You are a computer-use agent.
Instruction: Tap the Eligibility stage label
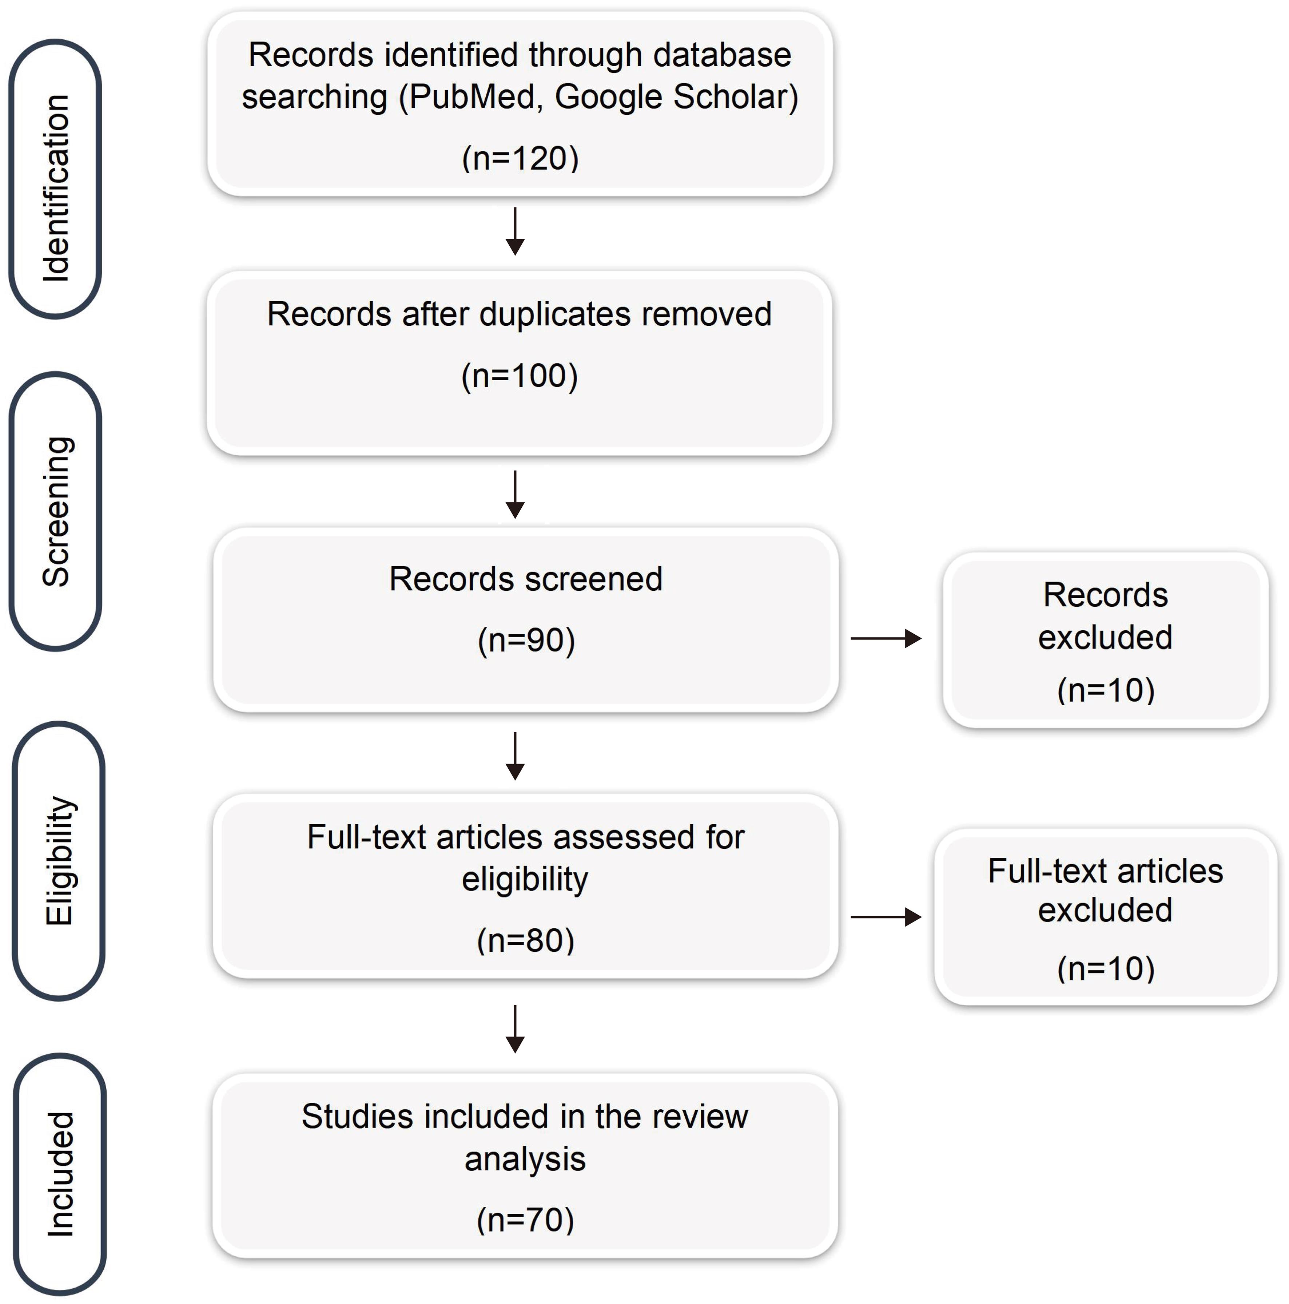pos(59,861)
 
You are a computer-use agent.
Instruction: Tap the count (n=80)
pos(525,940)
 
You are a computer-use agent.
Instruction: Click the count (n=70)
pos(525,1220)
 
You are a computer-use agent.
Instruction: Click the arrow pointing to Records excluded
pos(886,638)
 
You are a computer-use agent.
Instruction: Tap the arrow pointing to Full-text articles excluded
pos(886,916)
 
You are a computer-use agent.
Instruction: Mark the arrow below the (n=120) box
pos(515,231)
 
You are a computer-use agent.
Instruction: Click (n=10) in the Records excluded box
pos(1105,690)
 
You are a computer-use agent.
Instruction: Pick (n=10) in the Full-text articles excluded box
pos(1105,968)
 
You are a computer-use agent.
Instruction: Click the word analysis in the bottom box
pos(525,1159)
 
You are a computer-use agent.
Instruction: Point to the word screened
pos(594,579)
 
